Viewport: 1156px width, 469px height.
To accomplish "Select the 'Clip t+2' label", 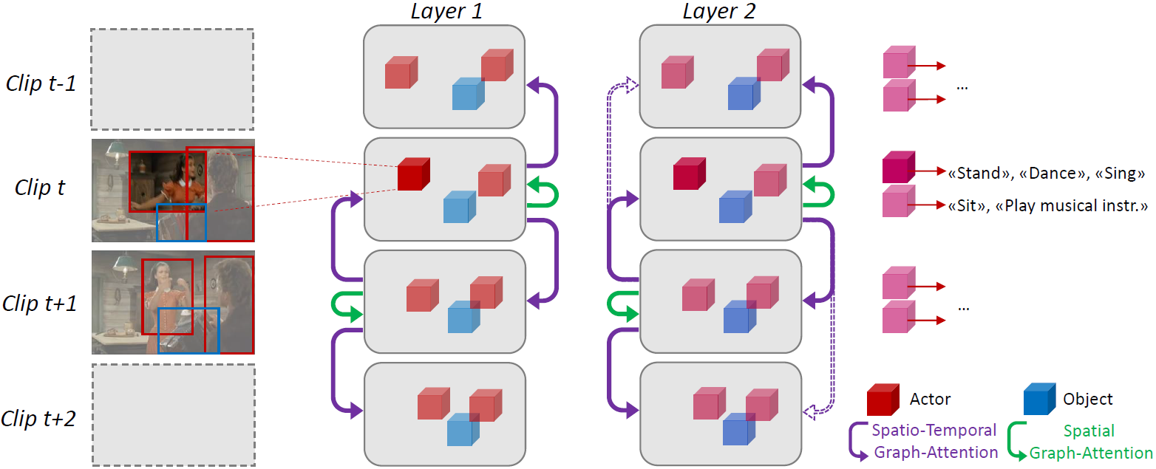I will coord(40,419).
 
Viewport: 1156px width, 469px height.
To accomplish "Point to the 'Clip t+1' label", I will coord(40,303).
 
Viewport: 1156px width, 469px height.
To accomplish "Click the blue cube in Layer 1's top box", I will coord(468,94).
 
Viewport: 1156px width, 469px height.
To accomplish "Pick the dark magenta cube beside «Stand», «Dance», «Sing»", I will coord(898,168).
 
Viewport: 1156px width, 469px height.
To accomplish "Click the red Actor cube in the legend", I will coord(883,400).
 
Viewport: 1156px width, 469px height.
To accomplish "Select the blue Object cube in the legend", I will coord(1039,400).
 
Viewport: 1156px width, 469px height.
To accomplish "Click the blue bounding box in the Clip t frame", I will coord(182,222).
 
